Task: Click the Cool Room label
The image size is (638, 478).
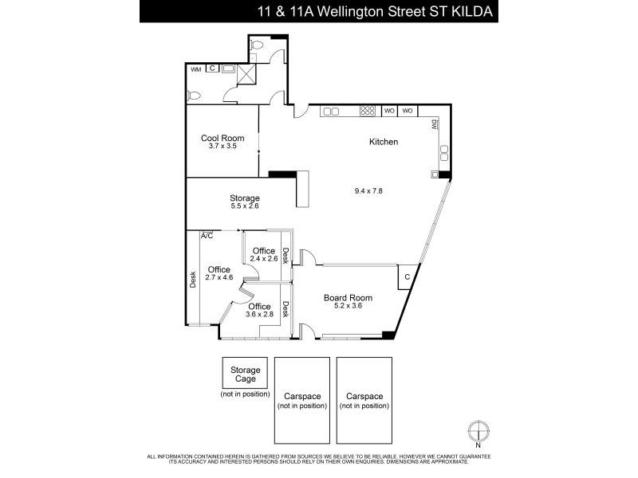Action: coord(223,138)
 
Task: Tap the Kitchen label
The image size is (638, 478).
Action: coord(384,142)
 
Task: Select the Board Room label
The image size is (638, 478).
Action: coord(348,298)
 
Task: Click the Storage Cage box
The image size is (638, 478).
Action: coord(245,373)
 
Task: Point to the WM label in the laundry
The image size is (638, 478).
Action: coord(196,69)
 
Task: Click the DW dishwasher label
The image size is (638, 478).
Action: coord(434,125)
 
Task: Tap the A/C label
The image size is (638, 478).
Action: coord(207,236)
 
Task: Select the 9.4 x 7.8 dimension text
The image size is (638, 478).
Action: coord(368,190)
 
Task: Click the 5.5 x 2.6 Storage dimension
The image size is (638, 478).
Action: coord(245,206)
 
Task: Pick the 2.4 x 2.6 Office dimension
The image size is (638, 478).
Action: coord(264,258)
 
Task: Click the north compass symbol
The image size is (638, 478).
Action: coord(478,431)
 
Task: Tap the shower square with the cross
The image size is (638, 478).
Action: coord(247,74)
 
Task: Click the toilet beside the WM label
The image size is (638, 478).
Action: coord(194,96)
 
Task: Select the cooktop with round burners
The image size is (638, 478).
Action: coord(368,111)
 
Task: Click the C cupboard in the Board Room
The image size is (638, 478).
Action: coord(408,277)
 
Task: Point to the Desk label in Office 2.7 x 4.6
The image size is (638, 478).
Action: coord(193,280)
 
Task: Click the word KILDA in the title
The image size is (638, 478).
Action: coord(472,11)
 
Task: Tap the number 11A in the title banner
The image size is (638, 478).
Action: coord(301,11)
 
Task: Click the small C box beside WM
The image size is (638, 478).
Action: coord(212,69)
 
